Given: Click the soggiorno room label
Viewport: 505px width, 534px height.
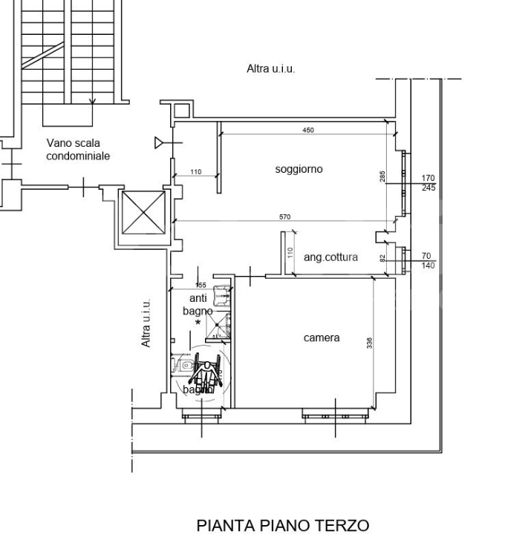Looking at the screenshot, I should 299,169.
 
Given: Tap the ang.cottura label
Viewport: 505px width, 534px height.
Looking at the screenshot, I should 330,257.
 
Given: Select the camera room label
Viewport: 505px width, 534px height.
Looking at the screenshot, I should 322,337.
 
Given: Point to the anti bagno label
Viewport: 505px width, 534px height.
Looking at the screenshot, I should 197,305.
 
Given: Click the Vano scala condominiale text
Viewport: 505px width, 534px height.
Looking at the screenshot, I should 78,149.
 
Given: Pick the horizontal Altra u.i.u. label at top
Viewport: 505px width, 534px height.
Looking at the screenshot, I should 270,68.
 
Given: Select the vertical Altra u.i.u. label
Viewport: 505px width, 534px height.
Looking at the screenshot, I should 146,323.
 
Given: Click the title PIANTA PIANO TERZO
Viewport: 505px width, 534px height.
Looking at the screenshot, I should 282,525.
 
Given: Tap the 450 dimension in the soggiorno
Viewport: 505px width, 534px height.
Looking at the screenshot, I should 307,131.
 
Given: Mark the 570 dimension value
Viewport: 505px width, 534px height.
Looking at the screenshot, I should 284,217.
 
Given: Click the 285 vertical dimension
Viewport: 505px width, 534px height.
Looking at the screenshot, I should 382,177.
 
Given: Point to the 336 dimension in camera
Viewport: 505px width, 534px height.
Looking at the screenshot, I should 369,343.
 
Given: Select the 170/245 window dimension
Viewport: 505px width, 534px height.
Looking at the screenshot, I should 428,183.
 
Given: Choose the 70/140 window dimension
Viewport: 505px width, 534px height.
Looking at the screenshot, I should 428,260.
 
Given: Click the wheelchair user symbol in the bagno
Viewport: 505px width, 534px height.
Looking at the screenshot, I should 207,375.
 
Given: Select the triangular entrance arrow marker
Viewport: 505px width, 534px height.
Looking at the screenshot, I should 160,142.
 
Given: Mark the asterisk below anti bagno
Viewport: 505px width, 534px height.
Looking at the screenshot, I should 198,323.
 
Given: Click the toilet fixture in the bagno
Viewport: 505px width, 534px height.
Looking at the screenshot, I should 182,365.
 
